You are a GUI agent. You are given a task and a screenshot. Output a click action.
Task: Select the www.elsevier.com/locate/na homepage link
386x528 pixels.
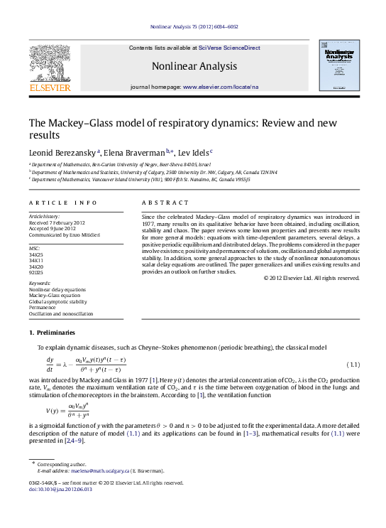pos(221,87)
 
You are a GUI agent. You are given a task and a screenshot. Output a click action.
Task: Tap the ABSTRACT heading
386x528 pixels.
pos(160,203)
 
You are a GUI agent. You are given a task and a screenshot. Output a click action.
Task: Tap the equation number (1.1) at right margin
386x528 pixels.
pos(353,365)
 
